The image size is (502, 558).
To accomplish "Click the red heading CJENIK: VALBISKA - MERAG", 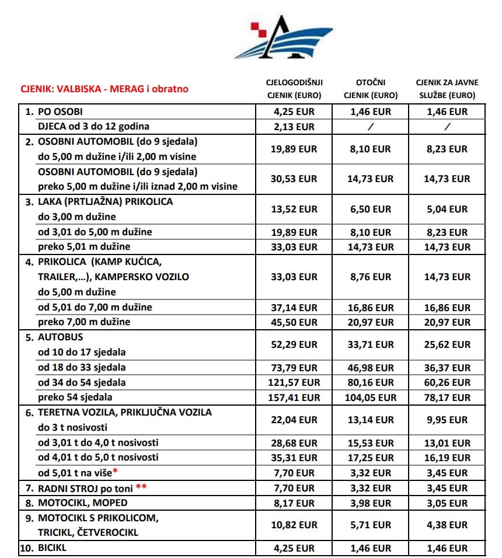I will [104, 90].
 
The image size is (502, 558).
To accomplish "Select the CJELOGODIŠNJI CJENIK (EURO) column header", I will [294, 89].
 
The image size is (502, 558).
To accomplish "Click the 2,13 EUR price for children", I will [294, 127].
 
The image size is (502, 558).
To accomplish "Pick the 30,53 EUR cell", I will [294, 179].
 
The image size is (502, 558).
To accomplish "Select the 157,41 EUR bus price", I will [294, 397].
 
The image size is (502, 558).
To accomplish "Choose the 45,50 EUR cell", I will [294, 322].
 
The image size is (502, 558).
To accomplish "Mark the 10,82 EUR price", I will [294, 525].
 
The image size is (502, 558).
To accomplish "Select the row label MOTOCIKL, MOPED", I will [82, 503].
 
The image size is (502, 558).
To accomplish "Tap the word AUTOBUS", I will [61, 337].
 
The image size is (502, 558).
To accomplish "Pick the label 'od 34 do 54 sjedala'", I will [82, 383].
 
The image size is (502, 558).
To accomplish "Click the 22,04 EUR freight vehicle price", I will [294, 420].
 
